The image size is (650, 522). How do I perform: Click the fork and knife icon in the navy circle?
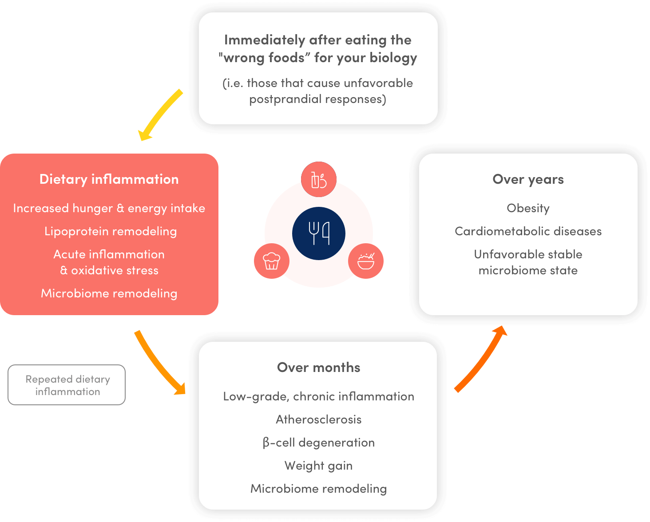tap(319, 233)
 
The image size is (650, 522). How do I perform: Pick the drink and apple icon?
tap(319, 180)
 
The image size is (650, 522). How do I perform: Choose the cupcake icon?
tap(271, 261)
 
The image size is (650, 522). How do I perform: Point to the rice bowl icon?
tap(366, 261)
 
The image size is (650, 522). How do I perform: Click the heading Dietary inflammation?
tap(109, 179)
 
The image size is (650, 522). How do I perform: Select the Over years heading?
tap(528, 179)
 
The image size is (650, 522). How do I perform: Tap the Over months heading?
tap(318, 368)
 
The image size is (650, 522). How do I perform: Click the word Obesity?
tap(528, 208)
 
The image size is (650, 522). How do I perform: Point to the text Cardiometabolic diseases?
tap(528, 231)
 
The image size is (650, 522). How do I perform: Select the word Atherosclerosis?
tap(318, 419)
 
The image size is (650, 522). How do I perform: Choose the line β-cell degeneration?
tap(318, 443)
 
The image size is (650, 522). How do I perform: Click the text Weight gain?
tap(318, 466)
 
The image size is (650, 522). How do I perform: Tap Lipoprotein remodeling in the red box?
tap(111, 231)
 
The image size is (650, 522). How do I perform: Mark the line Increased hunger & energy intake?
tap(109, 208)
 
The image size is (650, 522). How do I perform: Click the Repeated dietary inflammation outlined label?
tap(67, 385)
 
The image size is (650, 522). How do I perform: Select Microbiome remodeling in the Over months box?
tap(318, 489)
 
